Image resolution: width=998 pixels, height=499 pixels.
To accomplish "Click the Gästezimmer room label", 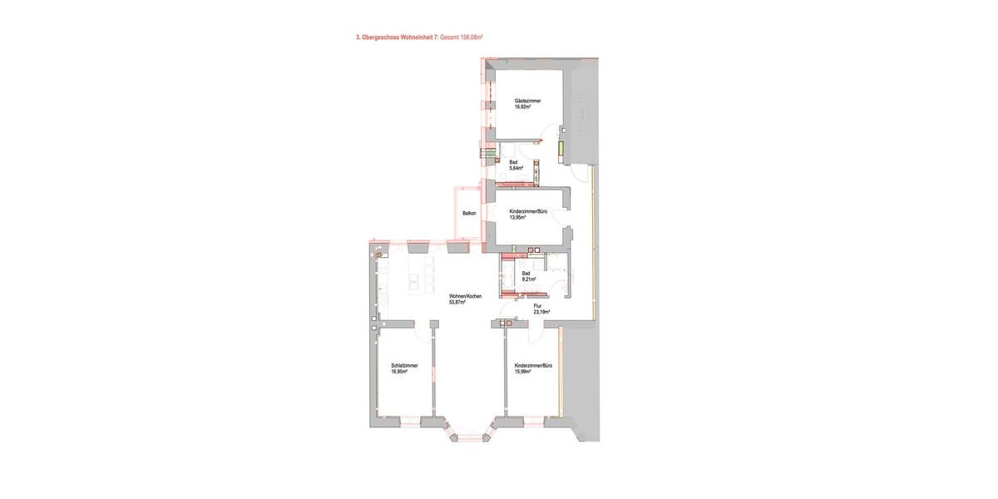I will pyautogui.click(x=527, y=101).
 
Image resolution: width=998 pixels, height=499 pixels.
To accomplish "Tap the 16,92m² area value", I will pyautogui.click(x=523, y=106).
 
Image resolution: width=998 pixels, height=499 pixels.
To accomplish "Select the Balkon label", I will pyautogui.click(x=469, y=214).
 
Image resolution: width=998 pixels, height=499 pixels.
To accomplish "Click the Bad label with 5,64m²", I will pyautogui.click(x=514, y=162).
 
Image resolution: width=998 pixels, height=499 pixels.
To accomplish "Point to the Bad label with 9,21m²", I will pyautogui.click(x=526, y=273).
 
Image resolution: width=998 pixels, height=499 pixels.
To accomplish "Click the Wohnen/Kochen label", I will pyautogui.click(x=465, y=297).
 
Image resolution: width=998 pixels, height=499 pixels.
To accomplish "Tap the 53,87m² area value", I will pyautogui.click(x=457, y=303).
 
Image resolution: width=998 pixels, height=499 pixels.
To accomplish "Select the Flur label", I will pyautogui.click(x=537, y=306).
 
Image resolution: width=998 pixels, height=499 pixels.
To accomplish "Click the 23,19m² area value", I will pyautogui.click(x=541, y=312).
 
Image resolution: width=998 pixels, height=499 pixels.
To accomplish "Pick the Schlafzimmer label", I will pyautogui.click(x=404, y=366).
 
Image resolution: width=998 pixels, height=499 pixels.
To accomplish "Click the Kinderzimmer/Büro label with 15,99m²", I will pyautogui.click(x=534, y=366).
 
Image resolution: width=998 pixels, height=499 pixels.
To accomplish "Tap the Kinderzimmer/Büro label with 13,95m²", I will pyautogui.click(x=528, y=212).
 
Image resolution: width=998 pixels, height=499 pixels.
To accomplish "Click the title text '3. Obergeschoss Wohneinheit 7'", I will pyautogui.click(x=396, y=37).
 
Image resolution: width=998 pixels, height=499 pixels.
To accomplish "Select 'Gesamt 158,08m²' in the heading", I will pyautogui.click(x=461, y=37).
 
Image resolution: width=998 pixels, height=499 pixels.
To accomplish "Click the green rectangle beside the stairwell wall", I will pyautogui.click(x=560, y=150).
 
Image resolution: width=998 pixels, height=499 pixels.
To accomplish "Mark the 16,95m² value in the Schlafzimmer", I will pyautogui.click(x=400, y=372).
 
